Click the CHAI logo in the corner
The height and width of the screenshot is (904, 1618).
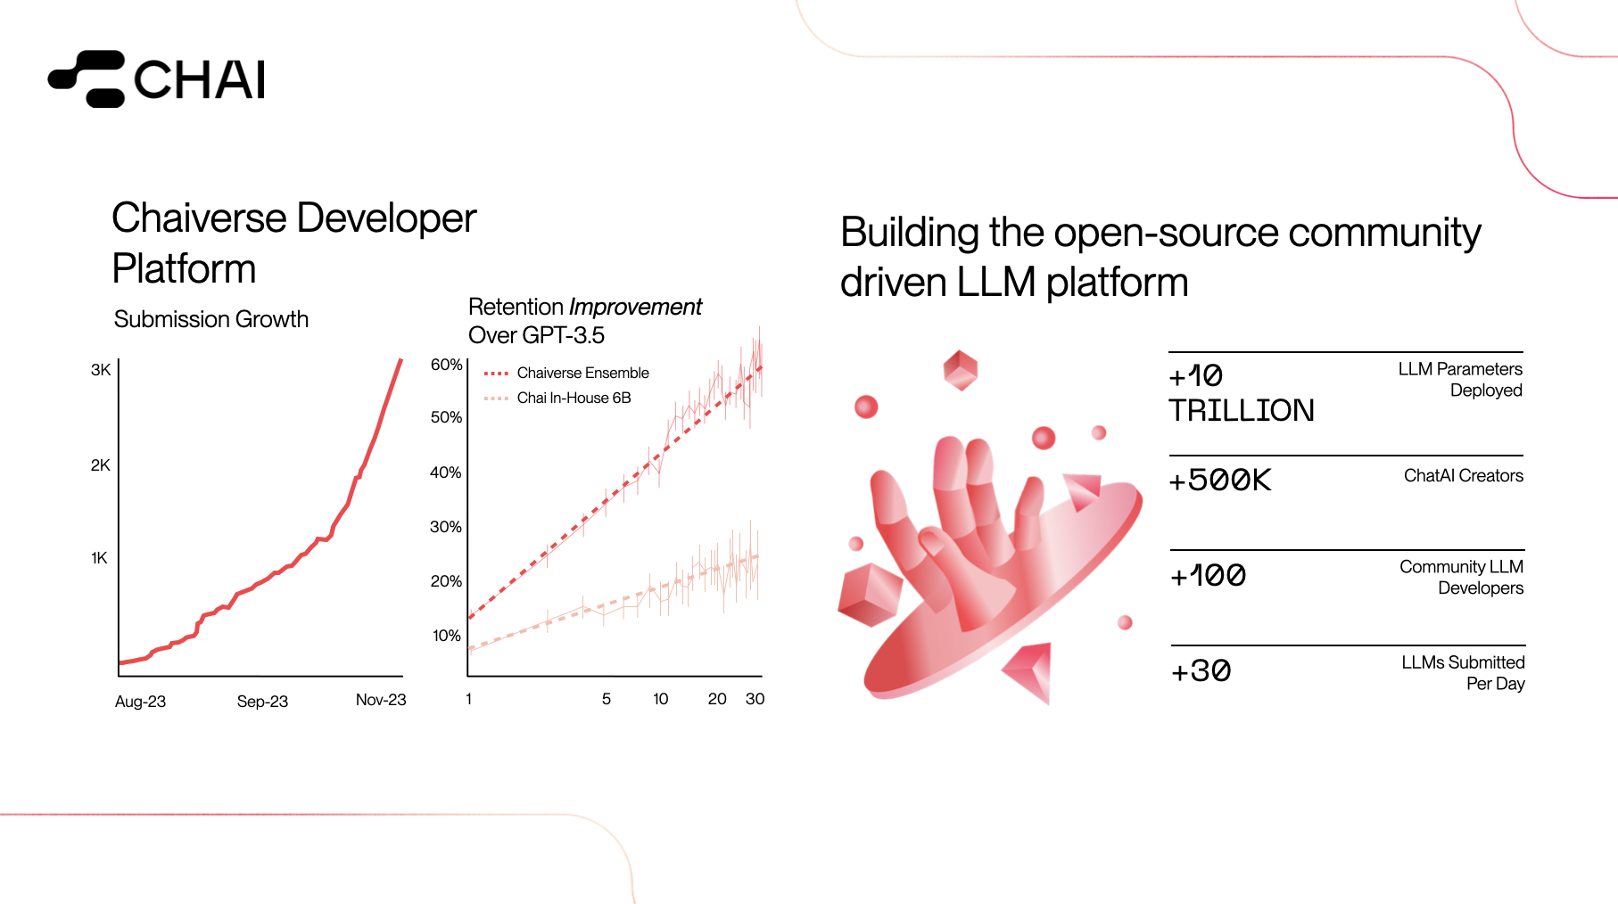pyautogui.click(x=157, y=78)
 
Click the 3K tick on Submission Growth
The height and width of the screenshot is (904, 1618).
pyautogui.click(x=101, y=370)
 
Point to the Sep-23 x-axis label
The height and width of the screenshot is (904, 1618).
pyautogui.click(x=262, y=702)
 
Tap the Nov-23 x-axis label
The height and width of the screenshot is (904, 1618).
pyautogui.click(x=381, y=700)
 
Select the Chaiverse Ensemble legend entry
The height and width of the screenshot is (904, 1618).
pyautogui.click(x=566, y=373)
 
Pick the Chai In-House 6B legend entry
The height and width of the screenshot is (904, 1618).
pyautogui.click(x=557, y=398)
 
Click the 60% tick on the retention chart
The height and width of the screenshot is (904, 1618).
pyautogui.click(x=446, y=365)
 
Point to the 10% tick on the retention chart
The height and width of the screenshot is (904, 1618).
pyautogui.click(x=446, y=636)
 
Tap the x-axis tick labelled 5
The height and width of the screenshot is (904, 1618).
pyautogui.click(x=607, y=699)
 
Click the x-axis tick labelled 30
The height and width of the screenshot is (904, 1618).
pyautogui.click(x=755, y=699)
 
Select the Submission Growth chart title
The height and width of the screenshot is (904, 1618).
pyautogui.click(x=211, y=319)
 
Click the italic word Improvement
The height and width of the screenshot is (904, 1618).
pyautogui.click(x=636, y=307)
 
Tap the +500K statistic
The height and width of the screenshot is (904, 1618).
pyautogui.click(x=1220, y=481)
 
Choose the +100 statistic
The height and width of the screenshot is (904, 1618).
pyautogui.click(x=1208, y=576)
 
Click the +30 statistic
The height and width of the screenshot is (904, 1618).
pyautogui.click(x=1201, y=671)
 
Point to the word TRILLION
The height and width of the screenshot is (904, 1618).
pyautogui.click(x=1242, y=410)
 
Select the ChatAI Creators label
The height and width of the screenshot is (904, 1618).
pyautogui.click(x=1464, y=476)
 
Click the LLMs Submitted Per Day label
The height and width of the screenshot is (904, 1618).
pyautogui.click(x=1464, y=673)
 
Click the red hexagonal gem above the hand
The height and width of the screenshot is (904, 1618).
pyautogui.click(x=961, y=370)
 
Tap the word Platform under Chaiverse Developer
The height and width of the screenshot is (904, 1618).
pyautogui.click(x=185, y=268)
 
